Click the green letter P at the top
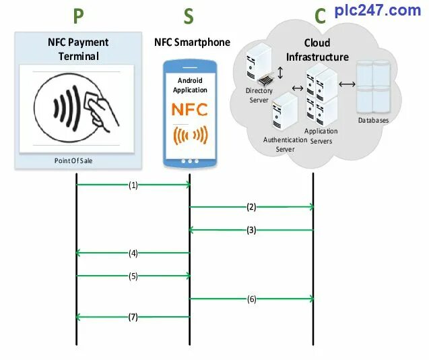click(x=79, y=17)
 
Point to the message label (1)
click(x=133, y=184)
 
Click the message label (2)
click(x=251, y=207)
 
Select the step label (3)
click(x=251, y=230)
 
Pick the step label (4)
click(x=133, y=253)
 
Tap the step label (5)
click(x=133, y=276)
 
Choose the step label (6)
click(x=251, y=299)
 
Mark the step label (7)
click(x=133, y=317)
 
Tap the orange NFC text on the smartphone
click(x=190, y=110)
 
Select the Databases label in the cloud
click(x=373, y=121)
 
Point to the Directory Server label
click(x=259, y=95)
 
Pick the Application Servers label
click(x=321, y=136)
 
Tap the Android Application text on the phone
click(x=190, y=85)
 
